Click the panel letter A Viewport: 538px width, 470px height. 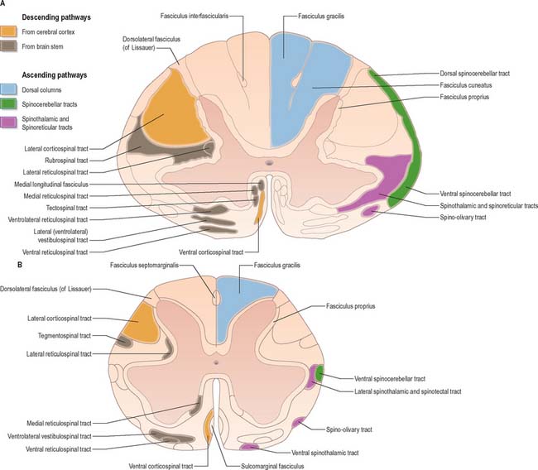click(x=5, y=4)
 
